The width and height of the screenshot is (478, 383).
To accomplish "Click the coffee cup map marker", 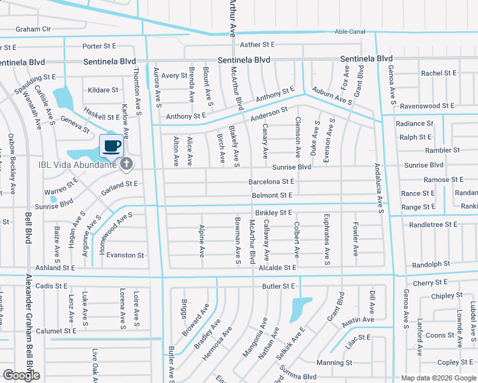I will click(111, 146).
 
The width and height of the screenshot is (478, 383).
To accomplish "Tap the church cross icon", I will click(127, 164).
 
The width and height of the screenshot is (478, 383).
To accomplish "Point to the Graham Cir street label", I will click(33, 29).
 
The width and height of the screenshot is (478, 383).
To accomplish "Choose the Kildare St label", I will click(104, 91).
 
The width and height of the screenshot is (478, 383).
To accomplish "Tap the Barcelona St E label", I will click(270, 182).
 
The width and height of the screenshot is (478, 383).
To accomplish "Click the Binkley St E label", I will click(273, 212).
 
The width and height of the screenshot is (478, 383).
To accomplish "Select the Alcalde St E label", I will click(277, 268).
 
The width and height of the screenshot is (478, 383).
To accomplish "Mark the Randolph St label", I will click(431, 264).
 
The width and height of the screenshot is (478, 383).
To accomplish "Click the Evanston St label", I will click(125, 255).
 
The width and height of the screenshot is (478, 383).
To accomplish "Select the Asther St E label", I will click(257, 45).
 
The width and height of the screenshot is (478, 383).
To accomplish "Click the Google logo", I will click(21, 375).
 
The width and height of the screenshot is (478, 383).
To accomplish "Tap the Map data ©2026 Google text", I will click(438, 378).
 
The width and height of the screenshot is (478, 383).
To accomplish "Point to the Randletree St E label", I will click(433, 225).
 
